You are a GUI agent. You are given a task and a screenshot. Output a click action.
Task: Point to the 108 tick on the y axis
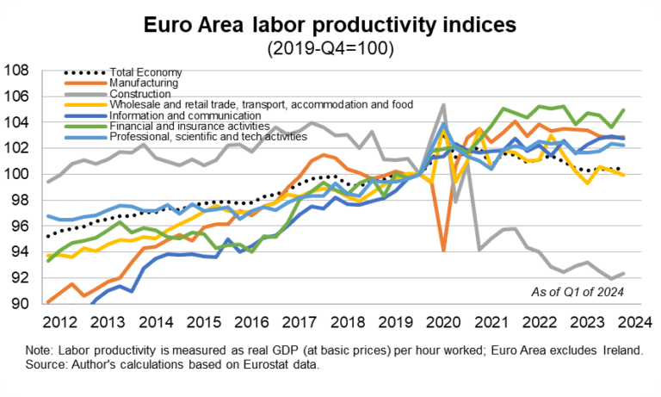pos(18,70)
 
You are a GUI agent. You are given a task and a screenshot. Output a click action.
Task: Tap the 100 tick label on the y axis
pos(18,174)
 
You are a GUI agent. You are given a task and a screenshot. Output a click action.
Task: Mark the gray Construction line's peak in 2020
pos(443,105)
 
